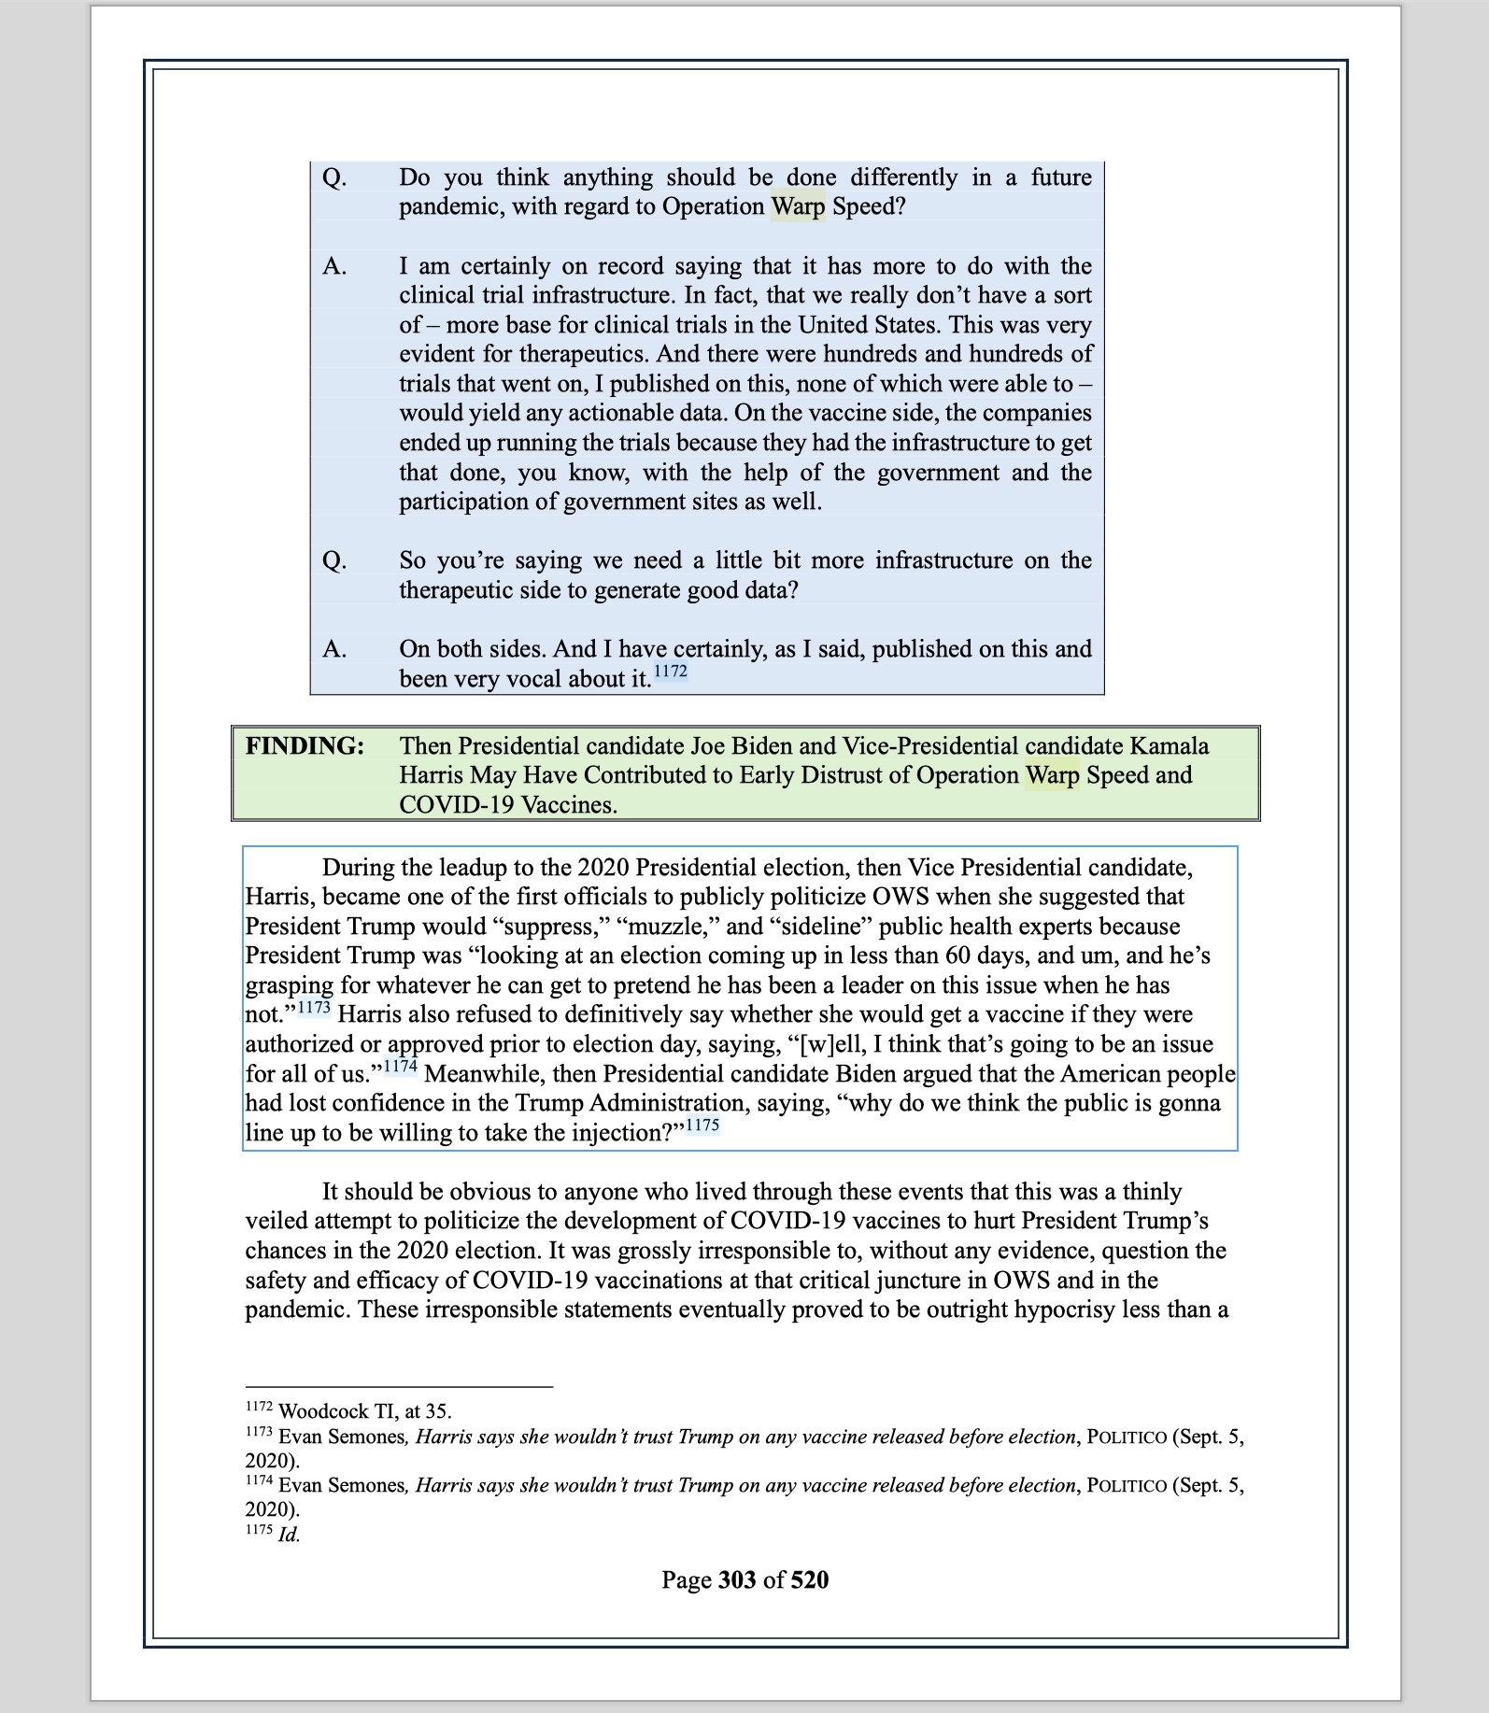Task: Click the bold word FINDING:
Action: (x=305, y=746)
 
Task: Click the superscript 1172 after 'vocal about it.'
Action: (x=670, y=672)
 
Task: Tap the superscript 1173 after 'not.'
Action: (x=314, y=1008)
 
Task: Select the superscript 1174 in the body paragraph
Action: (x=400, y=1067)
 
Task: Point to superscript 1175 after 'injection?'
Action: (x=702, y=1125)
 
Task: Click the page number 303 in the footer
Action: (x=737, y=1579)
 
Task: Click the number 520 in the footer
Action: (x=809, y=1579)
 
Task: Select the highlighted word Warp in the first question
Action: (x=798, y=206)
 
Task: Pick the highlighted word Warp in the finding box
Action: (x=1052, y=775)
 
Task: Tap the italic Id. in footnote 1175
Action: (x=289, y=1535)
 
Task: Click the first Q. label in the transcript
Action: (x=334, y=177)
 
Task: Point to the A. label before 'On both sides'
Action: (x=334, y=649)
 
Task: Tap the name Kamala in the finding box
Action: (x=1169, y=746)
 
